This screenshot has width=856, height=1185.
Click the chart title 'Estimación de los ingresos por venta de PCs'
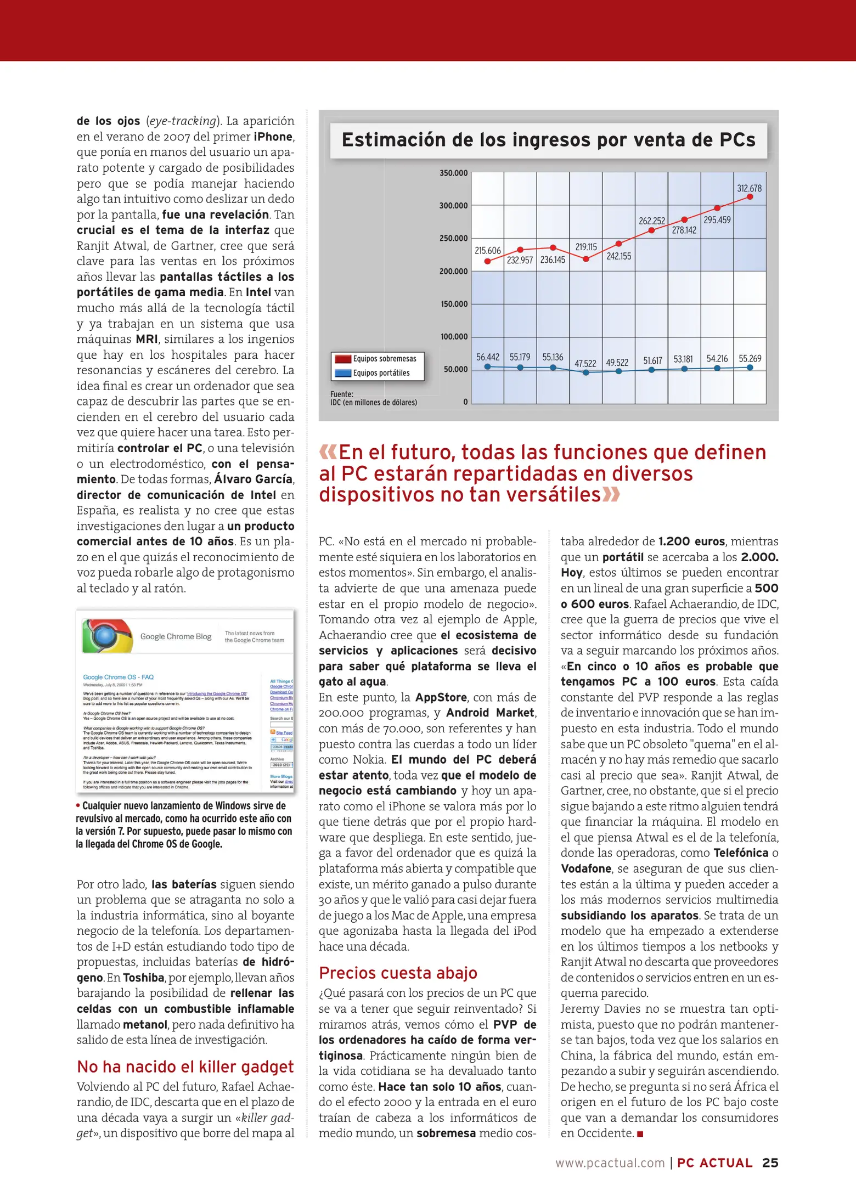[548, 140]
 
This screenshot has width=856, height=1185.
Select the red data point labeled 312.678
[750, 197]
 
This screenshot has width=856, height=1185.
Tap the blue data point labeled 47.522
[586, 373]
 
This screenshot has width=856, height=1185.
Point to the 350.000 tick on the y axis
[453, 173]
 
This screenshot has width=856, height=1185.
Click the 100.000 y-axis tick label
[453, 337]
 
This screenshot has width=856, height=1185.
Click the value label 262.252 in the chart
[651, 221]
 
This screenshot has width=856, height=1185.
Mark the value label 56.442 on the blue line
[487, 358]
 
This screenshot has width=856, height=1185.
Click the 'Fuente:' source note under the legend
[342, 394]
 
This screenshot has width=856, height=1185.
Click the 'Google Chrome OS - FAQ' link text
[118, 677]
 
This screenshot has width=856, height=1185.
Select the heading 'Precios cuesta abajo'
[398, 973]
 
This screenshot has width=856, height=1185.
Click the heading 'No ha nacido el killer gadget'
[185, 1067]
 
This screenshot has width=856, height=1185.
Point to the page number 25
[770, 1163]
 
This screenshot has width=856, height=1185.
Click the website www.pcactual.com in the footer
[610, 1164]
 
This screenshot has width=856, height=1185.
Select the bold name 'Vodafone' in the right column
[585, 869]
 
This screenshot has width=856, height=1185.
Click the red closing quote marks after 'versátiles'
[611, 495]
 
